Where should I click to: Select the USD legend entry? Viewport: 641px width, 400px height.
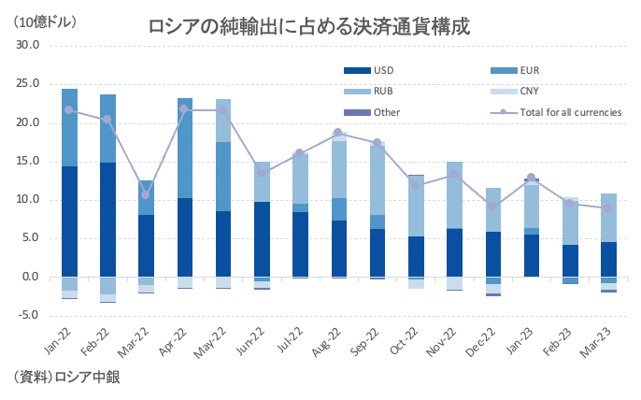[x=384, y=69]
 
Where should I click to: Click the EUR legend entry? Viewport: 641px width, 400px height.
[x=531, y=69]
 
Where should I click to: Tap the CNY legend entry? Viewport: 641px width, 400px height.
[x=530, y=91]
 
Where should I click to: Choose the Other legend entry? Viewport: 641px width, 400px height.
[x=386, y=112]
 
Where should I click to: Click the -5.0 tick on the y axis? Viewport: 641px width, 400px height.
[x=26, y=315]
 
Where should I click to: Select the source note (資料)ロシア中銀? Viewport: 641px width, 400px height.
[x=66, y=378]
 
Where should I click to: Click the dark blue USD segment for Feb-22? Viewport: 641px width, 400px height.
[x=108, y=220]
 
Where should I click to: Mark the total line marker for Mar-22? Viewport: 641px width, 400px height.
[x=146, y=194]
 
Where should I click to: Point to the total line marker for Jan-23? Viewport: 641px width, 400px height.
[x=532, y=178]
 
